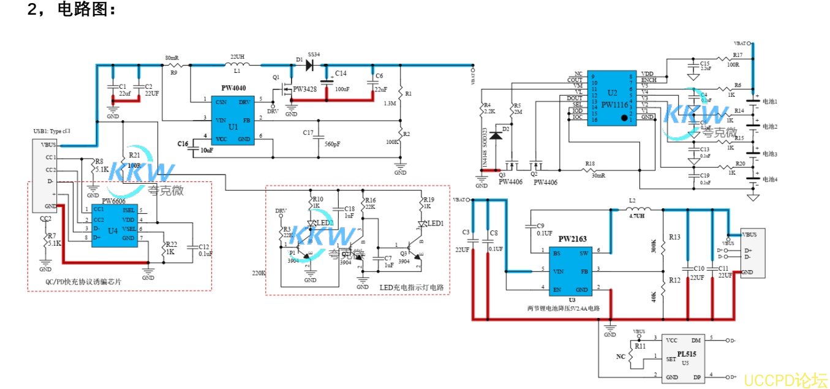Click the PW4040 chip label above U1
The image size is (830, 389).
click(233, 88)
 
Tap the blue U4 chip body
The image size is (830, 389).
click(114, 225)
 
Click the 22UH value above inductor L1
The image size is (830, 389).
click(237, 56)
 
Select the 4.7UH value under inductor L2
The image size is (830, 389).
click(636, 216)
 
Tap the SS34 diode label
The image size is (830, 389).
click(314, 54)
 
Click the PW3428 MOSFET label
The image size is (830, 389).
click(304, 89)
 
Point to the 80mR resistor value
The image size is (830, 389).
click(172, 58)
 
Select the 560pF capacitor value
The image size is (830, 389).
click(333, 144)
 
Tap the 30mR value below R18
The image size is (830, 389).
click(597, 175)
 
